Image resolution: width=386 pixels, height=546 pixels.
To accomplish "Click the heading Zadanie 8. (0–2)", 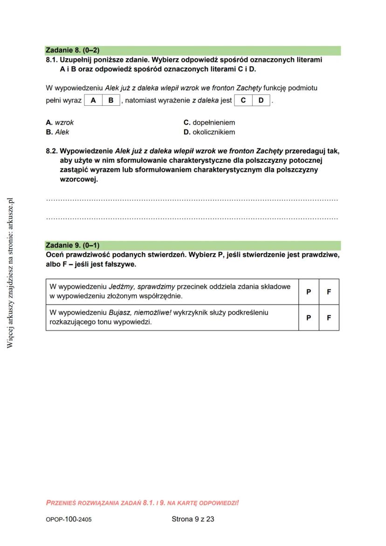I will (73, 50).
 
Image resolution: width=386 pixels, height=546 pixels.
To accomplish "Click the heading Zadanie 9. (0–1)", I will (73, 245).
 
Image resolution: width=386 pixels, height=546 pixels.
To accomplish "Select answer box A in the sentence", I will (93, 100).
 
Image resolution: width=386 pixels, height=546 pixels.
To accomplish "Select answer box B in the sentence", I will (111, 100).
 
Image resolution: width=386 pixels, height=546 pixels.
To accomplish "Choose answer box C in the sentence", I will (243, 100).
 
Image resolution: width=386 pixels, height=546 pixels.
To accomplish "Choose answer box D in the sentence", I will (261, 100).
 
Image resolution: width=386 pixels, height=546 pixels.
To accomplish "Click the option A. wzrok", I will (60, 123).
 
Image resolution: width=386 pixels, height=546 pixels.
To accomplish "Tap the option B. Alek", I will (57, 132).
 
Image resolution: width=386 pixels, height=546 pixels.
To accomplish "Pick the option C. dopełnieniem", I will (209, 123).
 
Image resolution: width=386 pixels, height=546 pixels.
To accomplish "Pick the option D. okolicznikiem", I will (209, 132).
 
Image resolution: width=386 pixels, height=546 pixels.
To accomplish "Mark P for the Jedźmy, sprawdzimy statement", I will (309, 292).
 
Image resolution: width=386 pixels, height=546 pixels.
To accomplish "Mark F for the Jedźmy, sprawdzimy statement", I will (329, 292).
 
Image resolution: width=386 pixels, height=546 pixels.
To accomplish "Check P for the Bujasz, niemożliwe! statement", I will (309, 318).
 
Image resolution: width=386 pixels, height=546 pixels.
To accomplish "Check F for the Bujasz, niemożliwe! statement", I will (329, 318).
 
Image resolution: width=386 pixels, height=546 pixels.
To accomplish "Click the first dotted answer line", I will (192, 200).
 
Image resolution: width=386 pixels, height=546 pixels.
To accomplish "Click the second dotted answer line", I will (192, 218).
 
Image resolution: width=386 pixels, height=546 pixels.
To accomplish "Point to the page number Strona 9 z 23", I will (193, 519).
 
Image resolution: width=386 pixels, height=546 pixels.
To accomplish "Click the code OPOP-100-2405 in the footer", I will (69, 519).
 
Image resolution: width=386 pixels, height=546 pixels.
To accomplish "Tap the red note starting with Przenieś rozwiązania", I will (142, 503).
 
